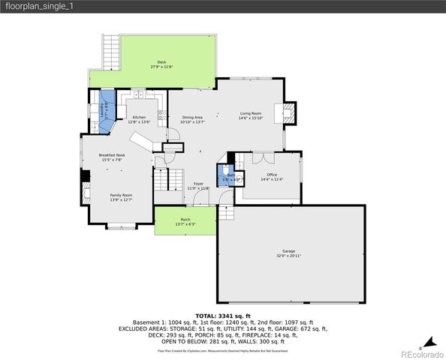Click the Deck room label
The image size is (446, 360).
point(161,62)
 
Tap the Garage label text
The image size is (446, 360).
point(288,251)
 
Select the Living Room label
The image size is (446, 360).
point(250,113)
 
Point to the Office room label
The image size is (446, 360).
point(272,175)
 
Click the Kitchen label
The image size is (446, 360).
point(140,118)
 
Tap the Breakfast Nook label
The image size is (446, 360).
point(110,155)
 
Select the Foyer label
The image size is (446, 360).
point(198,184)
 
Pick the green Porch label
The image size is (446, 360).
point(185,220)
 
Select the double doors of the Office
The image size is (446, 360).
point(262,157)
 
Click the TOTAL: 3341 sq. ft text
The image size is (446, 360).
point(223,316)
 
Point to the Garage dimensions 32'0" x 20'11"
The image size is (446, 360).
point(288,256)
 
